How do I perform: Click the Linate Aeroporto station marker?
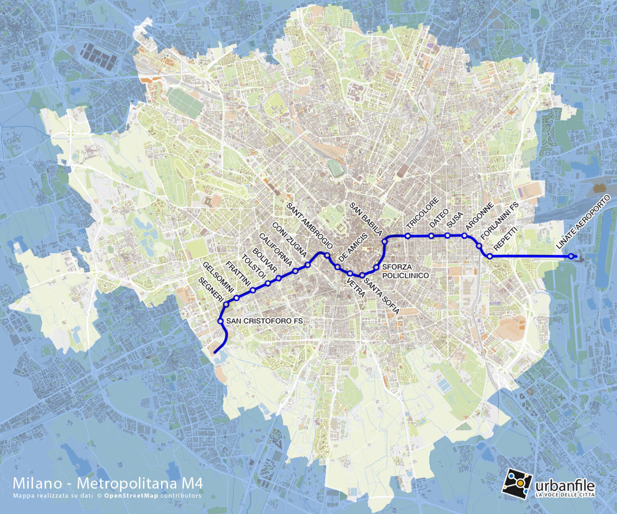point(571,256)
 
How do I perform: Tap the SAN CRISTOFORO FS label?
point(264,321)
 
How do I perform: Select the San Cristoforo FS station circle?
point(221,321)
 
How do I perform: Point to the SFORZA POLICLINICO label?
point(405,271)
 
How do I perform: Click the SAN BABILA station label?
point(366,219)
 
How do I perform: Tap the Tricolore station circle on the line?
point(408,236)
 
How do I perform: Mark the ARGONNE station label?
point(479,216)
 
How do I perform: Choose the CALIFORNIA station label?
point(276,250)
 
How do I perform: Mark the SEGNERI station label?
point(211,290)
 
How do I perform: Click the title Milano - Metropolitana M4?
point(108,483)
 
